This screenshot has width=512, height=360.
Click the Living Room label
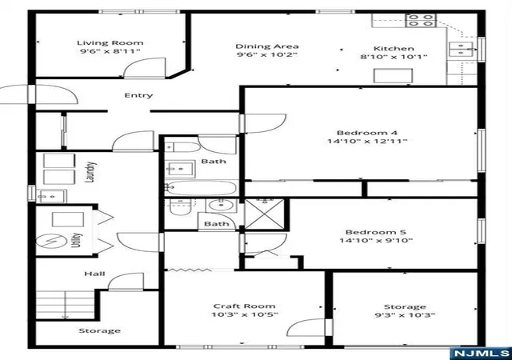coord(110,42)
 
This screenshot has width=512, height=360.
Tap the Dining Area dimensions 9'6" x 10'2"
coord(267,54)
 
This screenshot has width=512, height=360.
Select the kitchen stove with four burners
coord(421,20)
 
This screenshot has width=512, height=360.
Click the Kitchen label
coord(394,49)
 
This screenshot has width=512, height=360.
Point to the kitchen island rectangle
coord(393,76)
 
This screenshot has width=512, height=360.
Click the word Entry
coord(138,95)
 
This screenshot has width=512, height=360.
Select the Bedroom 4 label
coord(367,133)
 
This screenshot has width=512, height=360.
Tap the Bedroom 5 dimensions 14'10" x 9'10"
coord(376,241)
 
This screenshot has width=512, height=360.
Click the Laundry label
coord(90,172)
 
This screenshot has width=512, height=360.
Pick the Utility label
coord(76,240)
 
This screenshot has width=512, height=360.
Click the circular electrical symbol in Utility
coord(51,242)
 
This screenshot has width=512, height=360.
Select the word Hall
coord(94,274)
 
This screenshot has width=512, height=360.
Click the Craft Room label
coord(244,306)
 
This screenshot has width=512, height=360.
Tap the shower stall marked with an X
coord(265,214)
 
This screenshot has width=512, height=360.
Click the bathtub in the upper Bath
coord(200,188)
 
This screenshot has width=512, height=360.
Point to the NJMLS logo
coord(481,353)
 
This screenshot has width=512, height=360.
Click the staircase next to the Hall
coord(66,305)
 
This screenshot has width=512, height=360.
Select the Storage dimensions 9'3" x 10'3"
coord(405,315)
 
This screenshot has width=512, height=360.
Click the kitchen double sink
coord(461,49)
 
